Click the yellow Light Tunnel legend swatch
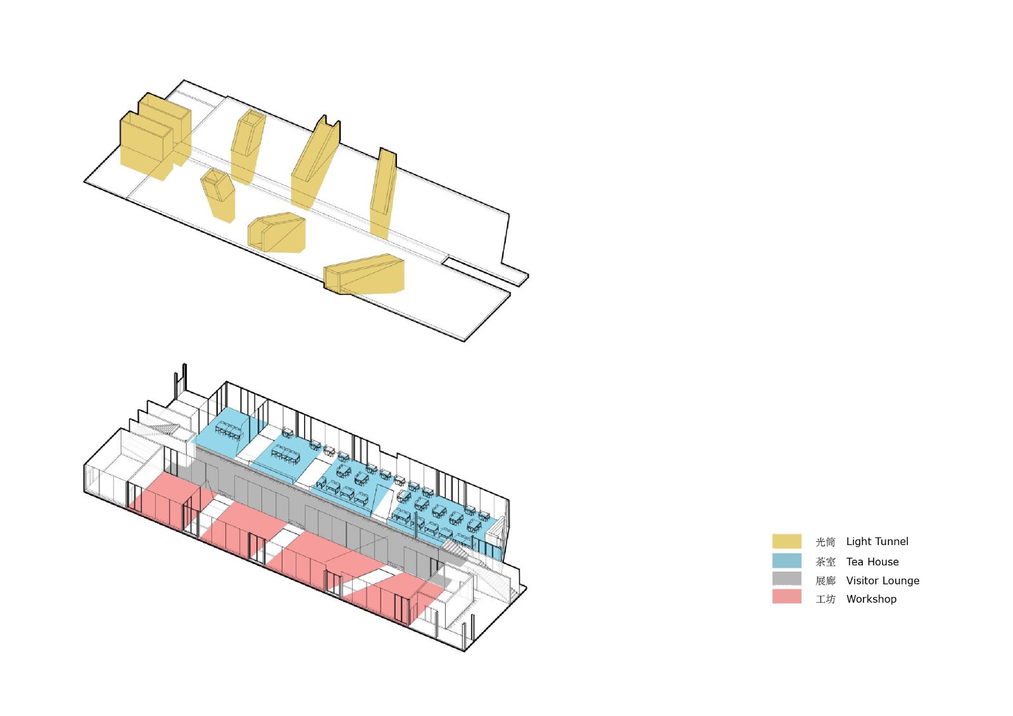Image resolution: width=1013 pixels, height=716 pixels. coord(786,541)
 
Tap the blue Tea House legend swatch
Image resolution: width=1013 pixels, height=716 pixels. coord(786,561)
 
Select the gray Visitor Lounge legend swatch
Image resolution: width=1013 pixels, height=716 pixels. coord(786,579)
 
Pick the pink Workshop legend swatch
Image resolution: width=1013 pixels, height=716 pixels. coord(786,597)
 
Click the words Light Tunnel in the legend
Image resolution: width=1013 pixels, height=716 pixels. coord(877,542)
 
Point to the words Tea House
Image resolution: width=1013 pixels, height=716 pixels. coord(872,562)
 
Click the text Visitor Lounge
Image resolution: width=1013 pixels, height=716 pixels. coord(883,581)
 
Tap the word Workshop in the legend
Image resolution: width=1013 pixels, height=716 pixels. coord(871,600)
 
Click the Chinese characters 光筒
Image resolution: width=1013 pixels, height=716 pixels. coord(825,543)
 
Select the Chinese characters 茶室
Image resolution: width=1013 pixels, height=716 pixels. coord(825,562)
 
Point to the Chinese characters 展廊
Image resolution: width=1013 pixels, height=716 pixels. coord(825,581)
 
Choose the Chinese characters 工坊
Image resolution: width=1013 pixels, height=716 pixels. coord(825,600)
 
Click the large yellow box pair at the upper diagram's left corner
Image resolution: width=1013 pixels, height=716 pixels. coord(152,139)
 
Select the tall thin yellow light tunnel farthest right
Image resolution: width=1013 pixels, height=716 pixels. coord(382,193)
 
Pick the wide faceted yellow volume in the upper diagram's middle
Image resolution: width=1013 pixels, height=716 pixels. coord(279,233)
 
